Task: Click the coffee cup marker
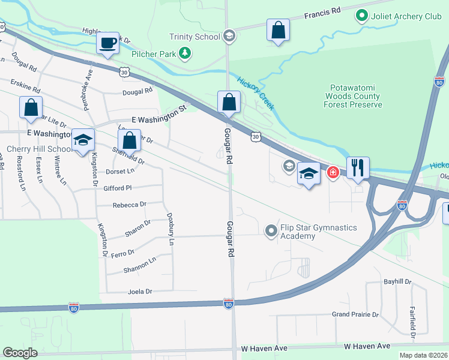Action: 107,44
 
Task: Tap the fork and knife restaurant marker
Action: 358,168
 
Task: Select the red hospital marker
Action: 333,173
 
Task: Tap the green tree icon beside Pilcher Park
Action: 186,54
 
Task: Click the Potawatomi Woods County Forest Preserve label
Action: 354,96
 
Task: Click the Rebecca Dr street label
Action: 130,205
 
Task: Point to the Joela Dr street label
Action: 140,292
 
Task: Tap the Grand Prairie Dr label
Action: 356,314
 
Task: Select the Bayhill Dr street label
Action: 397,281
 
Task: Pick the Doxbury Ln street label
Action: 170,231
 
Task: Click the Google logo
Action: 20,353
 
